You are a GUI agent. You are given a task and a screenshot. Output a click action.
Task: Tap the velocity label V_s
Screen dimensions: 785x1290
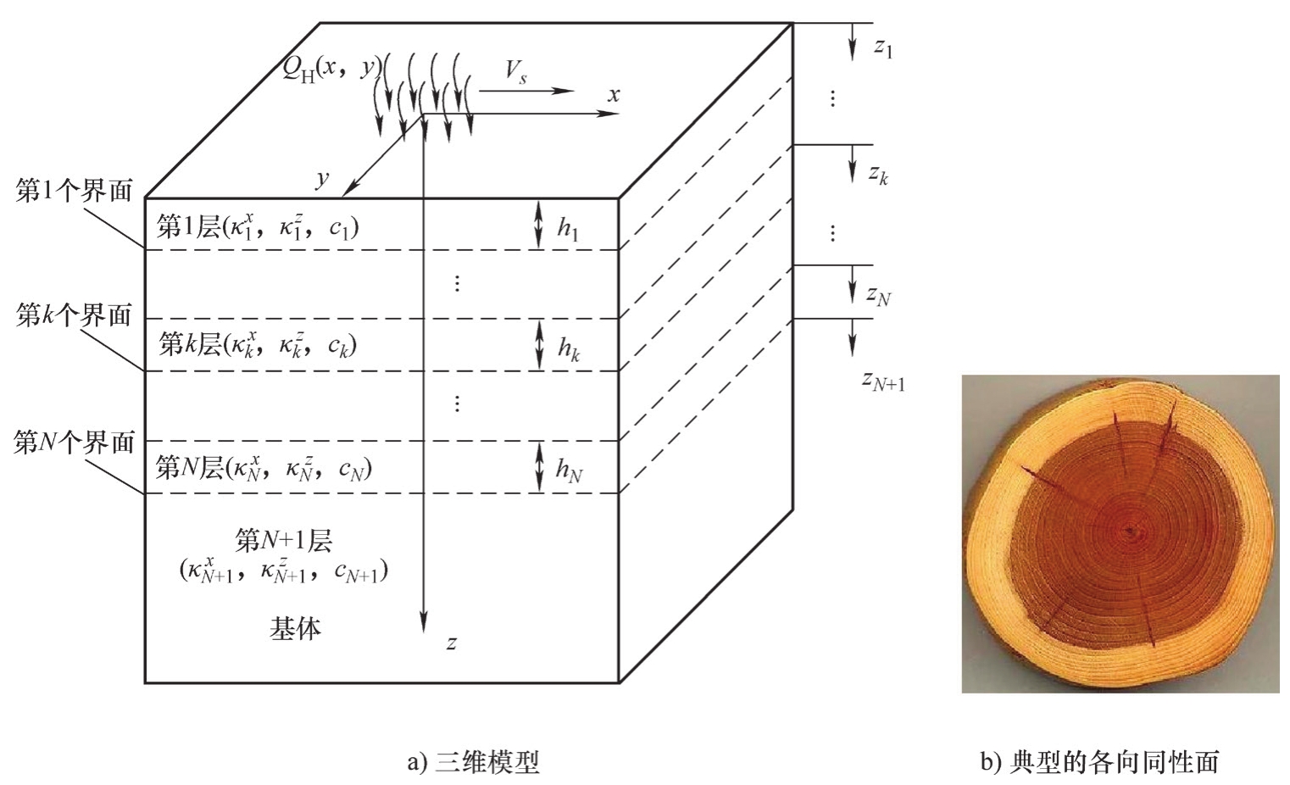[515, 72]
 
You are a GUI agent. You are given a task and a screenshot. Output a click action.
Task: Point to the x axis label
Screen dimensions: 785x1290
[613, 95]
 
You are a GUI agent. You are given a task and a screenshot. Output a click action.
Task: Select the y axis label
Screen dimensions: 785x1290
[322, 179]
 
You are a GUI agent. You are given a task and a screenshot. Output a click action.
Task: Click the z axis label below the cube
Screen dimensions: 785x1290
[452, 643]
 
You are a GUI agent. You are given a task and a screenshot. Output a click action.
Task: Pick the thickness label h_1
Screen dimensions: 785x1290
[568, 228]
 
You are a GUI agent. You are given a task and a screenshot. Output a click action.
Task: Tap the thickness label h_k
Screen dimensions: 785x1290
[568, 348]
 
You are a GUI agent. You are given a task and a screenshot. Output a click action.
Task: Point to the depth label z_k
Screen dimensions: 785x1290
[878, 175]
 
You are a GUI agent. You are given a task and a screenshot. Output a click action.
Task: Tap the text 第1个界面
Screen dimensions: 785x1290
[75, 192]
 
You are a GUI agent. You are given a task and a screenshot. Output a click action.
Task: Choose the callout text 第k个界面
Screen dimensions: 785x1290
[75, 316]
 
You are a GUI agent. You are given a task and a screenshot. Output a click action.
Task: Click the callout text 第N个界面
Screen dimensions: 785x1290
[75, 442]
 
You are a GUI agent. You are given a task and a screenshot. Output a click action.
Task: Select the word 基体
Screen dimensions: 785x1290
[295, 628]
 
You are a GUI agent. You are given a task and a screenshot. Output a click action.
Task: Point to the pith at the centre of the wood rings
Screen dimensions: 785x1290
[1132, 532]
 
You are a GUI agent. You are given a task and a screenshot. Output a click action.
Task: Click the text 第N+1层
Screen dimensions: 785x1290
[283, 540]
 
